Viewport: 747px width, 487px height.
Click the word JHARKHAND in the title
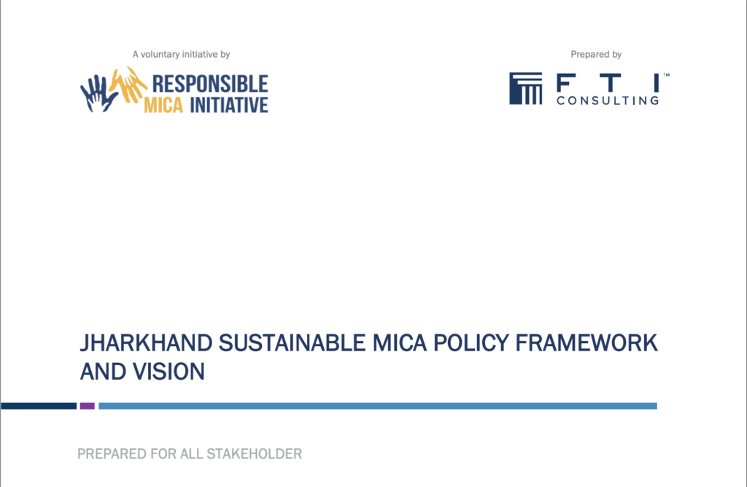(146, 343)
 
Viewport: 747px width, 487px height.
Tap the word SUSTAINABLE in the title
(292, 343)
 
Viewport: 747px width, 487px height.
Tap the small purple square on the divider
(88, 406)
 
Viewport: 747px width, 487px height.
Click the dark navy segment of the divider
(39, 406)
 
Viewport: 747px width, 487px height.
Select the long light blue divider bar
(378, 406)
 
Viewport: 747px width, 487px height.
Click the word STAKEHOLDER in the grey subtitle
(255, 453)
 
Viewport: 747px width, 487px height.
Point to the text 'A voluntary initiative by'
(181, 54)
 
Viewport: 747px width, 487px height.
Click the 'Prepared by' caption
(596, 54)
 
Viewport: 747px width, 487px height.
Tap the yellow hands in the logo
(128, 85)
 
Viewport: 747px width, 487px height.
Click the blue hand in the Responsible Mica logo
(98, 94)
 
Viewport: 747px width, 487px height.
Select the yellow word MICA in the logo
(163, 105)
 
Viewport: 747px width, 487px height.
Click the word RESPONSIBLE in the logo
(210, 84)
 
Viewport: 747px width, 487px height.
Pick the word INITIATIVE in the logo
(229, 105)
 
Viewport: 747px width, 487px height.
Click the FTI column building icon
(526, 88)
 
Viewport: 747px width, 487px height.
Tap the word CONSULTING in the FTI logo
(608, 101)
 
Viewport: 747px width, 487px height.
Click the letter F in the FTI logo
(563, 83)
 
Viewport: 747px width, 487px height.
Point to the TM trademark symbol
(667, 75)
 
